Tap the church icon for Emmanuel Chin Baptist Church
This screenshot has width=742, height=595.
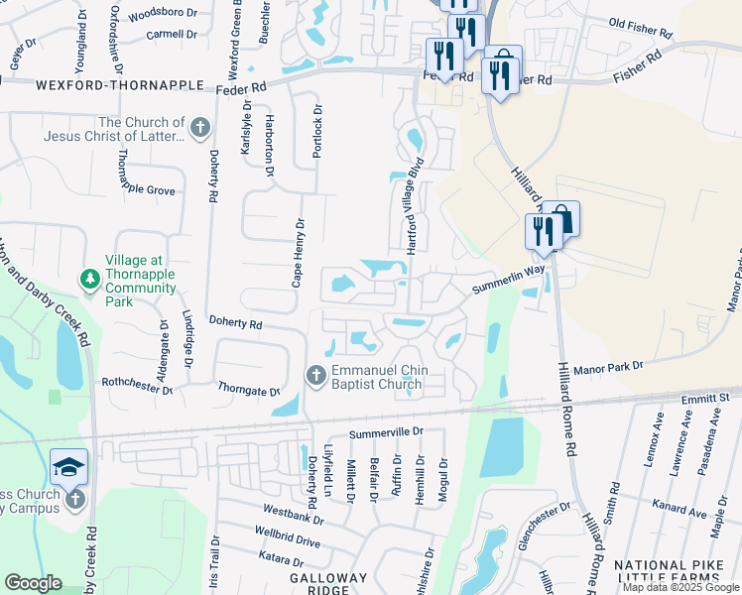tap(315, 375)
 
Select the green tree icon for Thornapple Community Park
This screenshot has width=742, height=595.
tap(89, 278)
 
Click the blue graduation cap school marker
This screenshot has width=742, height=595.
tap(68, 467)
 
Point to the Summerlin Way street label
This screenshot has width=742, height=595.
tap(509, 277)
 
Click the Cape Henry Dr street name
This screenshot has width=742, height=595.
tap(297, 254)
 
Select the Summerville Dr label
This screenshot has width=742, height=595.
tap(386, 432)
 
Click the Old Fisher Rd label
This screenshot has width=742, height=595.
tap(644, 24)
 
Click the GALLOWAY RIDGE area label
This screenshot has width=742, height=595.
tap(328, 584)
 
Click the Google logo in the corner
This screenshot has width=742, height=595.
tap(33, 583)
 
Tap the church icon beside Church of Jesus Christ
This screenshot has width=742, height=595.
tap(199, 128)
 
